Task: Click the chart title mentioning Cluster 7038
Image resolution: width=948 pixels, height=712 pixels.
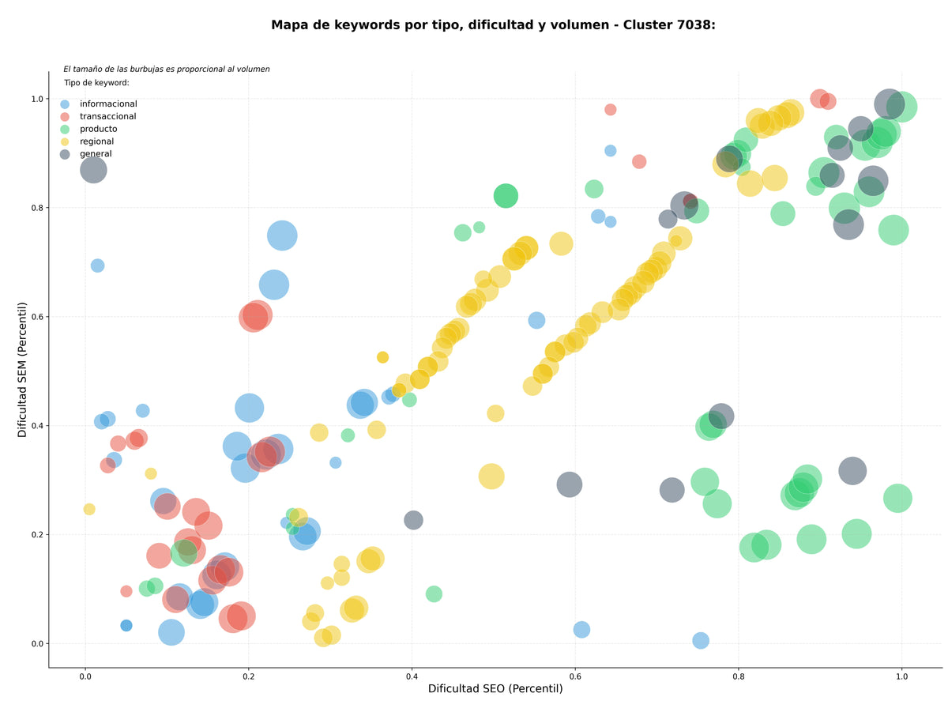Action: pyautogui.click(x=493, y=25)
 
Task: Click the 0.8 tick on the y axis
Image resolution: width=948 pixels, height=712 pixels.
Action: pyautogui.click(x=37, y=208)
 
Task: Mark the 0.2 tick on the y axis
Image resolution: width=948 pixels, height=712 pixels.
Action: pyautogui.click(x=37, y=535)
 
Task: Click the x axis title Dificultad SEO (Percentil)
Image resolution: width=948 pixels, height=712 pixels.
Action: pyautogui.click(x=495, y=688)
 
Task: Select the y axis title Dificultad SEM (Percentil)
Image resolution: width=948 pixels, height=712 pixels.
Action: pyautogui.click(x=22, y=370)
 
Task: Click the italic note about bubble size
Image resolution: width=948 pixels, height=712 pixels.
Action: pyautogui.click(x=167, y=69)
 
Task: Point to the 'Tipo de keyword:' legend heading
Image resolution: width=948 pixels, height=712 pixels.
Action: pyautogui.click(x=96, y=82)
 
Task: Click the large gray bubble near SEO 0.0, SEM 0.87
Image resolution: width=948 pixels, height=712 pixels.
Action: pyautogui.click(x=93, y=170)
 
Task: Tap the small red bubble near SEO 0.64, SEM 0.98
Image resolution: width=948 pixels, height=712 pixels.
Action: pyautogui.click(x=610, y=110)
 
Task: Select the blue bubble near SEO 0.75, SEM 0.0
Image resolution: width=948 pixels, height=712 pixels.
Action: pyautogui.click(x=701, y=640)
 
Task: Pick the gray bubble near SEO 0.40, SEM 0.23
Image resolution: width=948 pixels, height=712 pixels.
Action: pyautogui.click(x=413, y=520)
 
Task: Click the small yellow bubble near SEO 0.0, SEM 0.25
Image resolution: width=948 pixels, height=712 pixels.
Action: pyautogui.click(x=89, y=509)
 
